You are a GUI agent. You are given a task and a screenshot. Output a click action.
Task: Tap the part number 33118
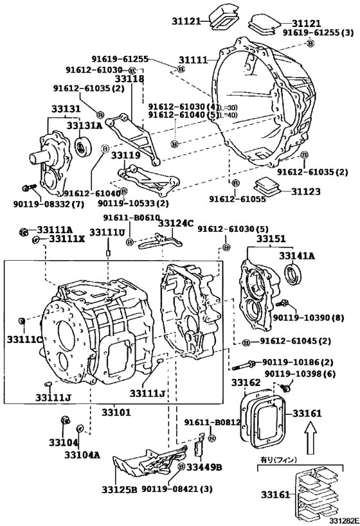129,79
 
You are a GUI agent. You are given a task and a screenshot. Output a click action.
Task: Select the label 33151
271,239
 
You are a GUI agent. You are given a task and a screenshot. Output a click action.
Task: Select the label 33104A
82,455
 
